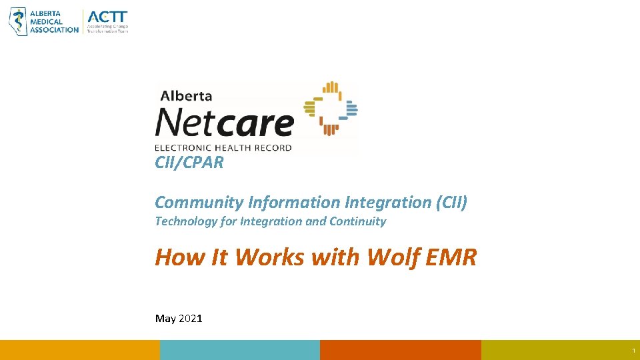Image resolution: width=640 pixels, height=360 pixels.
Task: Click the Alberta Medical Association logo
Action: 43,21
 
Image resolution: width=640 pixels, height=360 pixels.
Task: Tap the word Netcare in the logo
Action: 224,123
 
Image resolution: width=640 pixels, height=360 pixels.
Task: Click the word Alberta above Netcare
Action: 186,96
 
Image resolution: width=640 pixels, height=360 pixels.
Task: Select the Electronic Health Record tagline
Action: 223,147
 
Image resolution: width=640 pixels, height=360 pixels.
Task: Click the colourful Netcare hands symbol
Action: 330,108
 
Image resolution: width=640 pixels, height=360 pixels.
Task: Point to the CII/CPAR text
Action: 189,163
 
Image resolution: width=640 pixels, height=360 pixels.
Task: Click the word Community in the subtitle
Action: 198,202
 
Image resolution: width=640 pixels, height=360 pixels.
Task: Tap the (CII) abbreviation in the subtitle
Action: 451,202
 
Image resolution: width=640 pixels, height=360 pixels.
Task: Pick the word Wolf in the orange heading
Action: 389,257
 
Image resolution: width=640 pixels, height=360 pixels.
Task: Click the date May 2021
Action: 179,319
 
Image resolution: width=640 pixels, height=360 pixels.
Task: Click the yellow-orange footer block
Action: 80,350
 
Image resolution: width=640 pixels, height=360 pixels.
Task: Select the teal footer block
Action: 240,350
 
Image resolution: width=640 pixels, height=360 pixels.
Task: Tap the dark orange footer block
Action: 400,350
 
